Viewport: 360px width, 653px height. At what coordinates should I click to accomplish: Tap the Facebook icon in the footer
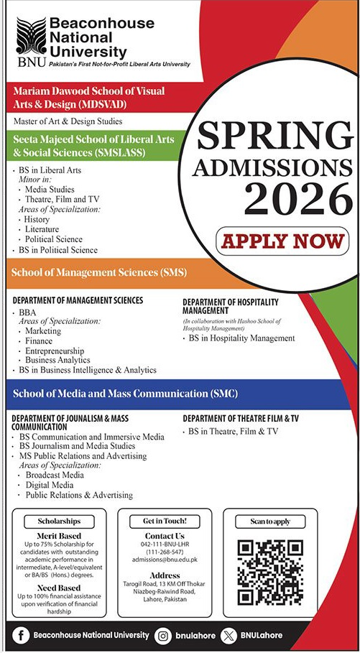pyautogui.click(x=23, y=635)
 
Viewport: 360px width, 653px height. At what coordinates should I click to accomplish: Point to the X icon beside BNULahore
pyautogui.click(x=229, y=635)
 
